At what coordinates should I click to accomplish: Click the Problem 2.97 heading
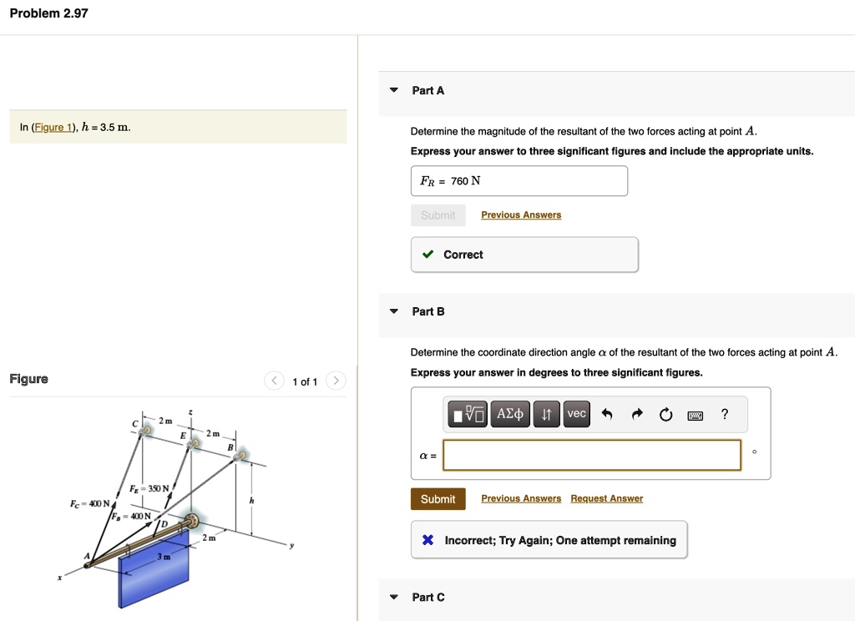point(48,13)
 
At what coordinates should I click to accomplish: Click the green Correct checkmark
point(427,255)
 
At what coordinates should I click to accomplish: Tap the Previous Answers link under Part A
point(521,215)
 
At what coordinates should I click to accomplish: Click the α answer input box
point(592,455)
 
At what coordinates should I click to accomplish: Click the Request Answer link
point(606,498)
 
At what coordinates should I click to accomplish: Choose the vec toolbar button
point(576,414)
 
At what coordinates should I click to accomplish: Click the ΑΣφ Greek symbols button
point(510,414)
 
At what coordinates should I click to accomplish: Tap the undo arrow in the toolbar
point(607,414)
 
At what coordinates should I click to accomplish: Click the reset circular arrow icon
point(665,414)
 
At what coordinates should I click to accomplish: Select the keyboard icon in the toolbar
point(696,415)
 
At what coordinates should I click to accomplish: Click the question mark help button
point(725,414)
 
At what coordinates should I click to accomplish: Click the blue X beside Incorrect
point(427,540)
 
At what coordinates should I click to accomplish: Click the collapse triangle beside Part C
point(394,597)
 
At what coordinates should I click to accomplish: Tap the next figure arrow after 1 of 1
point(335,381)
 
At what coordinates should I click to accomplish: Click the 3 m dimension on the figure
point(165,556)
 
